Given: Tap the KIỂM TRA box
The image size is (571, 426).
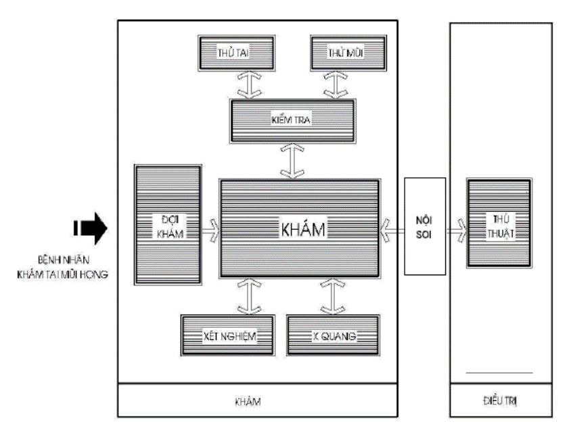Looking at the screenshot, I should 292,121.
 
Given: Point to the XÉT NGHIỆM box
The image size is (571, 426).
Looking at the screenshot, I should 228,335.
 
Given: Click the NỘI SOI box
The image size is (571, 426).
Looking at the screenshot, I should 425,226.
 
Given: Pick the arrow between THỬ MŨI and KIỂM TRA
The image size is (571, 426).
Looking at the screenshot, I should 332,85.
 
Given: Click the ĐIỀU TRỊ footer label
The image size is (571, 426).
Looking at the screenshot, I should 500,401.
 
